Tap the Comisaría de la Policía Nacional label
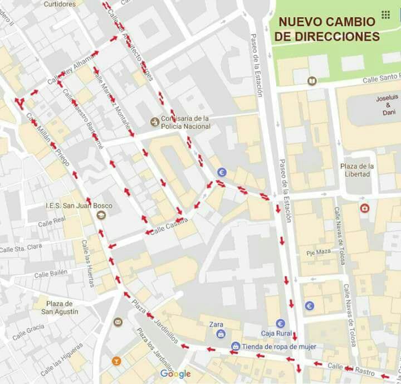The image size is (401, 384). click(185, 122)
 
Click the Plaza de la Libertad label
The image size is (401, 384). click(356, 170)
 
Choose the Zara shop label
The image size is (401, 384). click(216, 324)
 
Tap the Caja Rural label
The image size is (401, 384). click(277, 333)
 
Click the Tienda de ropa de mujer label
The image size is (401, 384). click(279, 347)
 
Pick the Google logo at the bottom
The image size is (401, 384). click(175, 374)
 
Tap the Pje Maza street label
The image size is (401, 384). click(318, 252)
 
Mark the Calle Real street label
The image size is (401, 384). click(51, 223)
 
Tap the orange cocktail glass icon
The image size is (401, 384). click(116, 360)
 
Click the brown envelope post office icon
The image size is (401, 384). click(118, 322)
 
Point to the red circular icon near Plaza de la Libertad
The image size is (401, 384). click(364, 208)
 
